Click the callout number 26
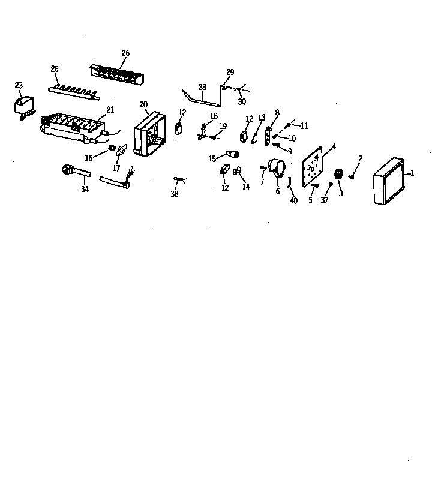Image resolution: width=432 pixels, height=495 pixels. click(125, 53)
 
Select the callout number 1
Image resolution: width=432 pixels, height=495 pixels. click(412, 173)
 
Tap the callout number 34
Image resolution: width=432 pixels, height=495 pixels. click(85, 190)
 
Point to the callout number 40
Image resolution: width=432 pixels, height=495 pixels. click(293, 200)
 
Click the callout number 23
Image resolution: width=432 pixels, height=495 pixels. click(19, 85)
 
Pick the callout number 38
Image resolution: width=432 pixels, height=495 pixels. click(175, 194)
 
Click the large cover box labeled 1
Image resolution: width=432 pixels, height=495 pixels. click(389, 181)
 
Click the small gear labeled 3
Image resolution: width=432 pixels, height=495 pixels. click(338, 175)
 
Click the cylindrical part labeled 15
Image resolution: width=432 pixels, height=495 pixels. click(231, 157)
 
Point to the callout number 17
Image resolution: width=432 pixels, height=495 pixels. click(116, 169)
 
